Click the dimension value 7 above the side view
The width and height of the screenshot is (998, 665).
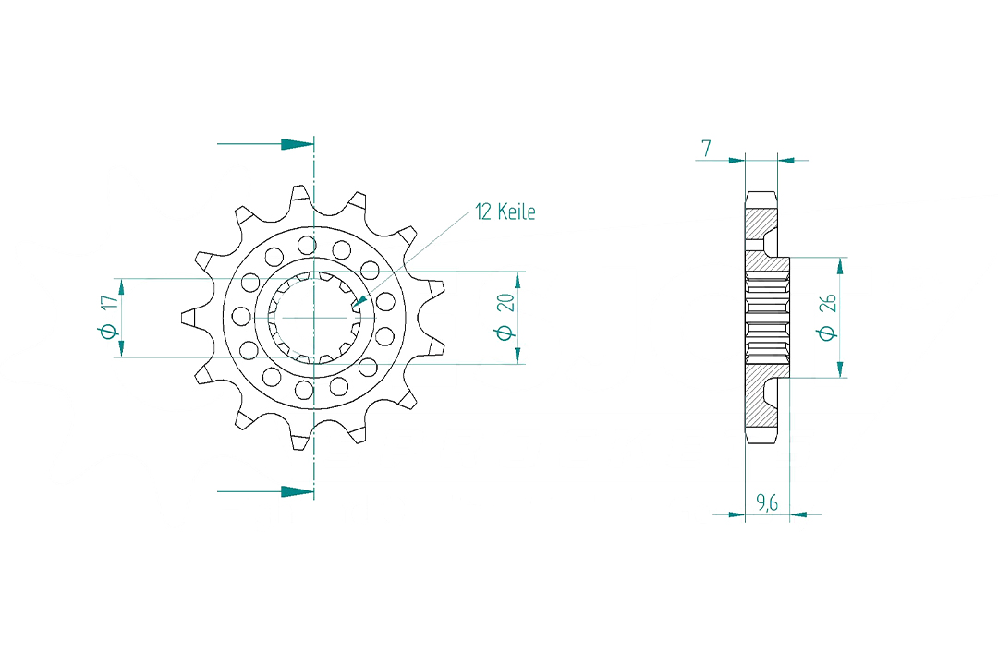click(x=706, y=147)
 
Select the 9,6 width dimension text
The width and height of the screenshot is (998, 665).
click(x=766, y=502)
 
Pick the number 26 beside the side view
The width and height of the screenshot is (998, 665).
click(x=828, y=304)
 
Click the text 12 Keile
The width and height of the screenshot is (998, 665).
click(x=505, y=212)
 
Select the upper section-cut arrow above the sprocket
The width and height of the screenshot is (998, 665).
click(x=296, y=144)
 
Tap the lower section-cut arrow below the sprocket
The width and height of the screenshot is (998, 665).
click(x=296, y=491)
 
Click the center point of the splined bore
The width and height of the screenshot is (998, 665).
click(x=314, y=317)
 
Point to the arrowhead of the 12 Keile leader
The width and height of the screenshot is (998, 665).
click(x=359, y=302)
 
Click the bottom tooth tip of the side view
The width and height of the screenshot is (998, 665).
click(x=761, y=439)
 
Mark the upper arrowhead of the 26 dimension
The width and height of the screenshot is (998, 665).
click(x=840, y=266)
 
